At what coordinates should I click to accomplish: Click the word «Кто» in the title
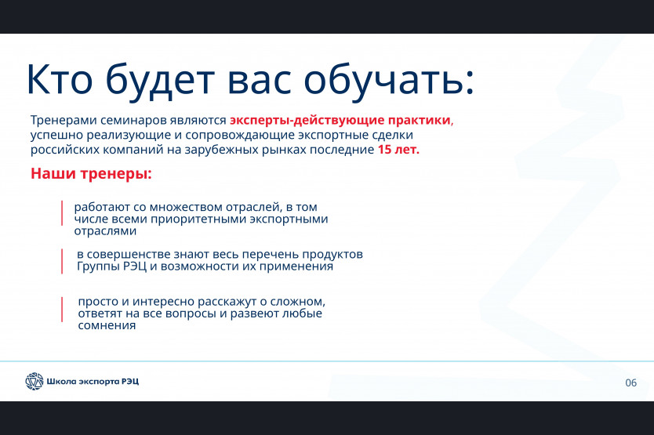(x=60, y=79)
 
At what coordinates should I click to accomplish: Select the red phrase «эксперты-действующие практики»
(x=340, y=121)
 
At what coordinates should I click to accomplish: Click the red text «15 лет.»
(x=398, y=149)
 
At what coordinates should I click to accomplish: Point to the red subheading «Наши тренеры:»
(x=91, y=173)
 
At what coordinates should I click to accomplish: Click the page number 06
(x=630, y=382)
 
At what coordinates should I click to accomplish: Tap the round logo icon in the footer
(x=35, y=381)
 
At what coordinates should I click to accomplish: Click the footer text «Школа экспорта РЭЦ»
(x=93, y=381)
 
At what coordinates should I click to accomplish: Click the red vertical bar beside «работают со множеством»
(x=62, y=213)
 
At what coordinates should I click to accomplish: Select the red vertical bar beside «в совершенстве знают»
(x=62, y=261)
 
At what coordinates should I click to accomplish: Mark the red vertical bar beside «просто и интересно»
(x=62, y=310)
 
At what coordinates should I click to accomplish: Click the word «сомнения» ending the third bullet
(x=107, y=326)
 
